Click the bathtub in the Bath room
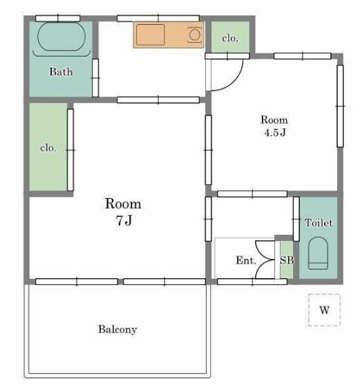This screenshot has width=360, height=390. (61, 37)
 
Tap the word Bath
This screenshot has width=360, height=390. (61, 72)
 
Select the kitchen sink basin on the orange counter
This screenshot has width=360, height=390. (151, 35)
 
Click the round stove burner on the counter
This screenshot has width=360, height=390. (194, 35)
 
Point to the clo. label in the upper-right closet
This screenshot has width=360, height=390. (230, 38)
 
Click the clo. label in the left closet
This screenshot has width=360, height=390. (48, 148)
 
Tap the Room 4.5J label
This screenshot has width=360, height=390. (274, 126)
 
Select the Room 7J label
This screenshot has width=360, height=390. (123, 212)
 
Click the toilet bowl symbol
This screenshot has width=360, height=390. (318, 253)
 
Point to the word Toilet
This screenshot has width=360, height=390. (319, 222)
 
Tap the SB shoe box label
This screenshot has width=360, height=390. (287, 260)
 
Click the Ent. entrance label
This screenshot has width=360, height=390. (246, 260)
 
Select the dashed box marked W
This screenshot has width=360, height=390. (324, 310)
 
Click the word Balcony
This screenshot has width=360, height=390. (117, 329)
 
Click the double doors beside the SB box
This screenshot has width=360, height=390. (265, 260)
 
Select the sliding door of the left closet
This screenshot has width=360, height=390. (70, 150)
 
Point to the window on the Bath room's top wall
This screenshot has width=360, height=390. (58, 19)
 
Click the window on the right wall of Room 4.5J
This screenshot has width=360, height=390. (340, 106)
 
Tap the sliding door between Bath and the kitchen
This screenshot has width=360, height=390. (95, 78)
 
